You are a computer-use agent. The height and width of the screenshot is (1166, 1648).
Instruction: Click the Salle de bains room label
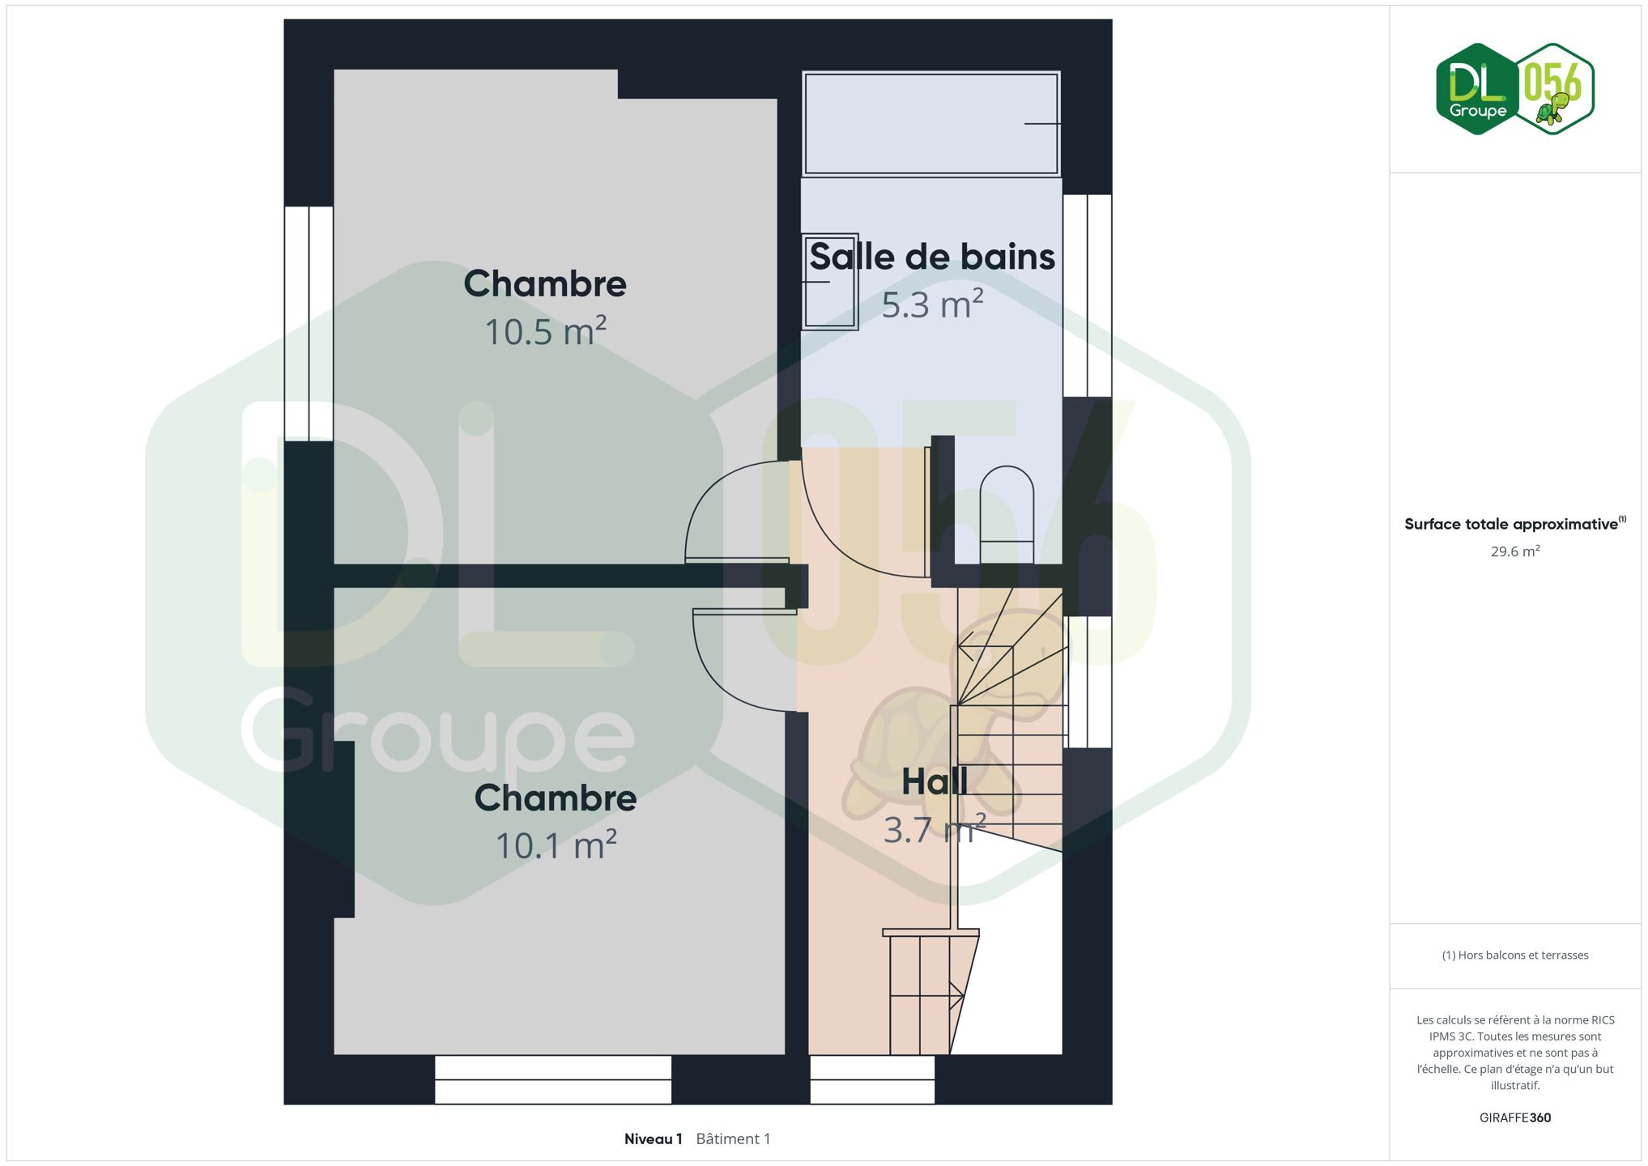click(932, 257)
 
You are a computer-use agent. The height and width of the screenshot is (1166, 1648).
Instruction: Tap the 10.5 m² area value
click(545, 331)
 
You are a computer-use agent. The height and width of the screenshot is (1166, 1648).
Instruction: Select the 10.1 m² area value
click(556, 845)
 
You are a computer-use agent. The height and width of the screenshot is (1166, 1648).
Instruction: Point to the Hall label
click(935, 781)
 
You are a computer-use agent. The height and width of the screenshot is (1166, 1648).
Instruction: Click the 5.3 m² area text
click(932, 304)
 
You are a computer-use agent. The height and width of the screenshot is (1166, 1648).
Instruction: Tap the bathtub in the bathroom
click(931, 123)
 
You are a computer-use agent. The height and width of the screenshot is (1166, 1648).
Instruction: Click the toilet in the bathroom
click(1007, 515)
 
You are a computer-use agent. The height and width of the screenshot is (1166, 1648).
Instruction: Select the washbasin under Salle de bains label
click(830, 282)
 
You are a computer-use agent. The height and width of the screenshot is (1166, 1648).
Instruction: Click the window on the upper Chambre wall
click(309, 324)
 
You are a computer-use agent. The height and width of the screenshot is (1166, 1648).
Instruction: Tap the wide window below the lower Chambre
click(553, 1079)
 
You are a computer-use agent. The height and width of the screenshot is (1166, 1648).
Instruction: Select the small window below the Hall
click(872, 1079)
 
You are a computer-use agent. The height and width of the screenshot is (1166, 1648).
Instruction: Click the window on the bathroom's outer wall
click(1087, 296)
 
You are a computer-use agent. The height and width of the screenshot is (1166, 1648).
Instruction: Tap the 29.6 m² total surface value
click(1515, 551)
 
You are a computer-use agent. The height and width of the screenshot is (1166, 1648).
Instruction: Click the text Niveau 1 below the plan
click(653, 1139)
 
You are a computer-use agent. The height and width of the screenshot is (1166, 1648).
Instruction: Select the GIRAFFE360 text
click(1515, 1118)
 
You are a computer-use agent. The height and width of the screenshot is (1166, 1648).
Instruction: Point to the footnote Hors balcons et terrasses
click(1515, 955)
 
